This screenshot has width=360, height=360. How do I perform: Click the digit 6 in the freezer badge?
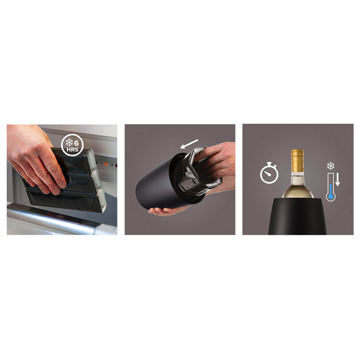pos(76,142)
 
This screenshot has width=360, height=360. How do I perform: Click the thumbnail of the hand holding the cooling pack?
pos(62,179)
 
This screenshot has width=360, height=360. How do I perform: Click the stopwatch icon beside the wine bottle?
pos(269,174)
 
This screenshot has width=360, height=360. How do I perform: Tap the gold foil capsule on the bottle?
pos(297,158)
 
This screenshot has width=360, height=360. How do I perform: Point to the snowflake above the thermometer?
pos(330,166)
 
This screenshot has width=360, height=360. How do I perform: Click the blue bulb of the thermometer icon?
pos(330,197)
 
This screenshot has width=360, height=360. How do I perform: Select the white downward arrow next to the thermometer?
pos(338,180)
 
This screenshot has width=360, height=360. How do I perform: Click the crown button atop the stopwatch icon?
pos(269,165)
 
